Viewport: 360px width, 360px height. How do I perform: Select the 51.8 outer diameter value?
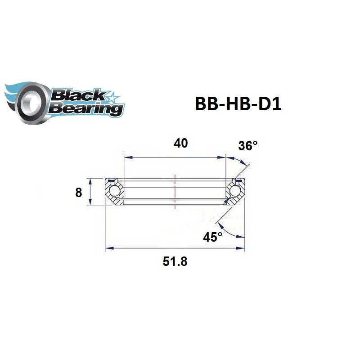(x=175, y=261)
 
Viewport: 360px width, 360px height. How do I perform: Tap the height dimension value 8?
(x=78, y=193)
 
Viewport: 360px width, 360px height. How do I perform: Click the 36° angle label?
(x=247, y=146)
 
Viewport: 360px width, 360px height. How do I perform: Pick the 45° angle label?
(x=212, y=237)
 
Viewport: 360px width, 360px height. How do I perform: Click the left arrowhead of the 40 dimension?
(x=126, y=157)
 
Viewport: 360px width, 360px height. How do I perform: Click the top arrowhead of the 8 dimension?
(x=90, y=180)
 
